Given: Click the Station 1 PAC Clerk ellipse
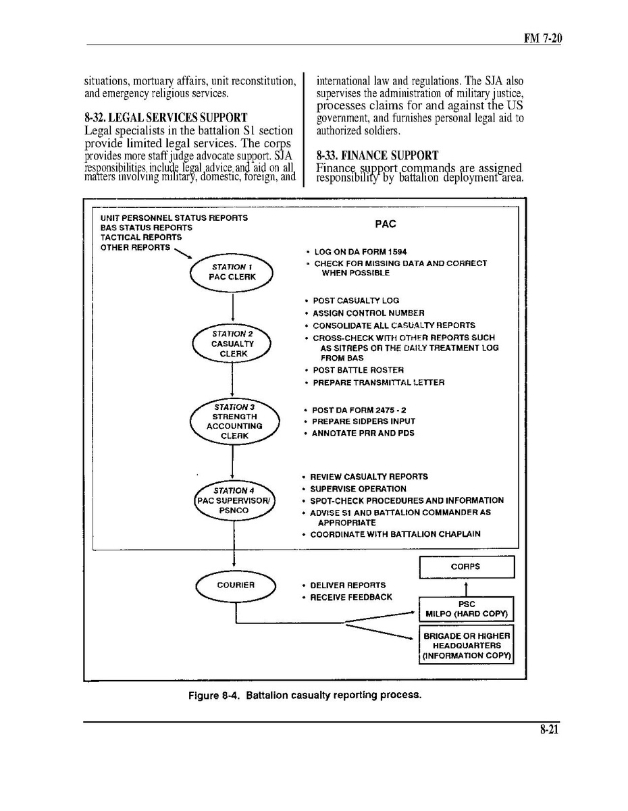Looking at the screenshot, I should point(232,272).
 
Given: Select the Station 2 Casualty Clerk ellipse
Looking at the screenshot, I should point(232,344).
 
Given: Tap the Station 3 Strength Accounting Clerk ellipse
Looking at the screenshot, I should point(234,421).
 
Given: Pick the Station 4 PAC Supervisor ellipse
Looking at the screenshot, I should point(234,501).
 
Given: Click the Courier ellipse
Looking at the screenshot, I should point(236,585).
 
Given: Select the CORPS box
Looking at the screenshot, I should point(466,567).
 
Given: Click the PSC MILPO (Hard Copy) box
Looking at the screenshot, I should point(466,609).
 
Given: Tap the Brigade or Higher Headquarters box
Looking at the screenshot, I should point(466,646).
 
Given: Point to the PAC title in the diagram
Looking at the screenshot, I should point(385,224).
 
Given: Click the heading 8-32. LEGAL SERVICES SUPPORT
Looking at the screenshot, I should point(165,117).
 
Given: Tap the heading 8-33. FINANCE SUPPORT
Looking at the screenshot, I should point(377,156).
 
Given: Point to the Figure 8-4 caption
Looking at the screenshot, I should point(305,695).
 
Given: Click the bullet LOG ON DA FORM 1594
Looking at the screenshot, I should point(360,252).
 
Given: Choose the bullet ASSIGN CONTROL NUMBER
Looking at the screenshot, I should point(368,313).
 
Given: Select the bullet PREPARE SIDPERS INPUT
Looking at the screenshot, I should point(363,421).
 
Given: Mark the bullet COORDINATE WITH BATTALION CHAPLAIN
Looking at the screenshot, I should point(395,534).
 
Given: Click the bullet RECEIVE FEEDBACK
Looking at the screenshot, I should point(350,597).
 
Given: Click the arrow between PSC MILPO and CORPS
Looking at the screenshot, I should point(466,587).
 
